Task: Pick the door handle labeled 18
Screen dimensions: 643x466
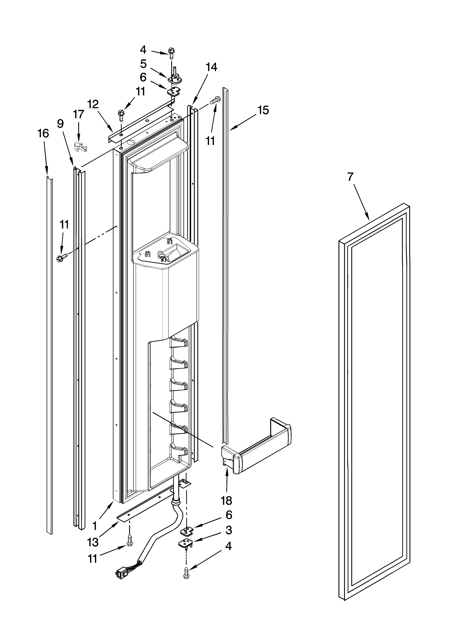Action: click(x=255, y=456)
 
